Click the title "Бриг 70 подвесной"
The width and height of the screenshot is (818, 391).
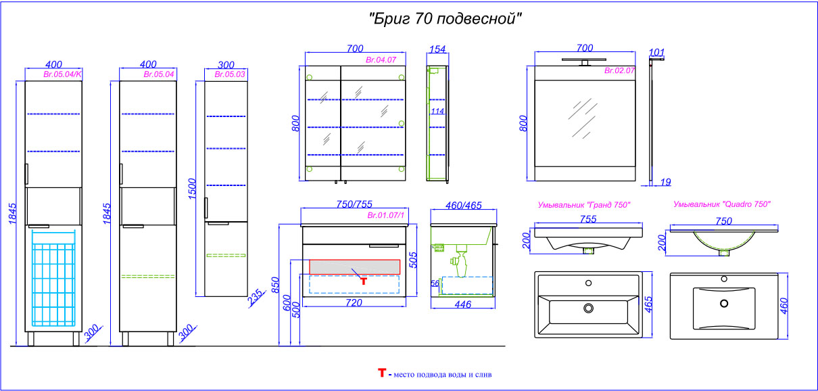(x=445, y=19)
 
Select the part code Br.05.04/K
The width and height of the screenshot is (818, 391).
(x=62, y=74)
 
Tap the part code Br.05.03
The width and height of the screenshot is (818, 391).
(x=230, y=74)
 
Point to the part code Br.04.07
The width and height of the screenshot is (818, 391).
(x=381, y=60)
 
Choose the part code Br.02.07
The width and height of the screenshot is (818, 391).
(x=619, y=70)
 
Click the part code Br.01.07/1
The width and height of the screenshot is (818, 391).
(x=385, y=215)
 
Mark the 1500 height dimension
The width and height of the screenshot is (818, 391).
(x=192, y=189)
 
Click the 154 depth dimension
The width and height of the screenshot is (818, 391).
(x=437, y=49)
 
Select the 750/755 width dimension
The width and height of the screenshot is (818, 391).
(x=354, y=204)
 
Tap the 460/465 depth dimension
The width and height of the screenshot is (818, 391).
(x=463, y=206)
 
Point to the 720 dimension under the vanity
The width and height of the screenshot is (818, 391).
(x=354, y=302)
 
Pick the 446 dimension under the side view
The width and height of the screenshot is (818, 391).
(x=462, y=304)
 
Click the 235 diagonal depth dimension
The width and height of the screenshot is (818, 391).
(x=256, y=297)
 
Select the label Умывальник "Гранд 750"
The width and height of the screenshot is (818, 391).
(x=584, y=205)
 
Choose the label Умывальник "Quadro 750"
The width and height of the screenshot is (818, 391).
(x=722, y=204)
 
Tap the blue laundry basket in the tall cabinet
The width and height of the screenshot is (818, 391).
(x=53, y=278)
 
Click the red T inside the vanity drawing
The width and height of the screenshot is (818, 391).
(x=363, y=281)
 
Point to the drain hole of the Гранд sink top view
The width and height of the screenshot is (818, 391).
(x=588, y=308)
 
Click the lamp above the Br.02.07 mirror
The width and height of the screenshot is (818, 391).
(x=584, y=62)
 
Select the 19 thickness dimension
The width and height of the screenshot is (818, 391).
(x=665, y=182)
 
